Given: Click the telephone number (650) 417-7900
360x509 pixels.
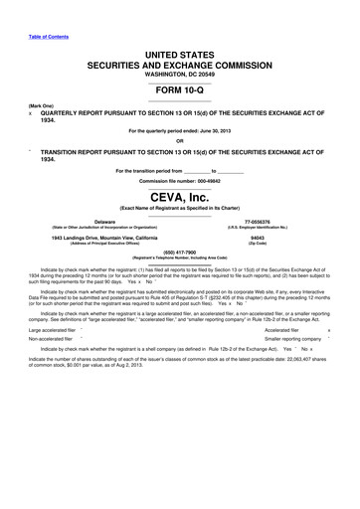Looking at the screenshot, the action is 179,252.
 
